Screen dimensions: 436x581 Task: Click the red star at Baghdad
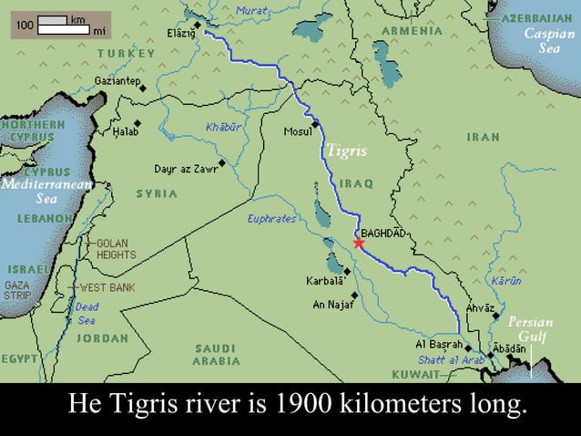tap(359, 243)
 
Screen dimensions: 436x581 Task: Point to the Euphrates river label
tap(272, 220)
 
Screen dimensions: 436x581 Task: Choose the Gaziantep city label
tap(117, 81)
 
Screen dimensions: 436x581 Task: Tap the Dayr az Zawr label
tap(185, 169)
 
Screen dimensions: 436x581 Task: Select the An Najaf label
tap(331, 304)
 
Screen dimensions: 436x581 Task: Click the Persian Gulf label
tap(529, 329)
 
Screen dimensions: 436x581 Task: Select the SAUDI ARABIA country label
tap(217, 354)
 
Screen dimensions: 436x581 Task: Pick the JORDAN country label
tap(103, 337)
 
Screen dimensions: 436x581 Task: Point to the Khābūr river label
tap(223, 127)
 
